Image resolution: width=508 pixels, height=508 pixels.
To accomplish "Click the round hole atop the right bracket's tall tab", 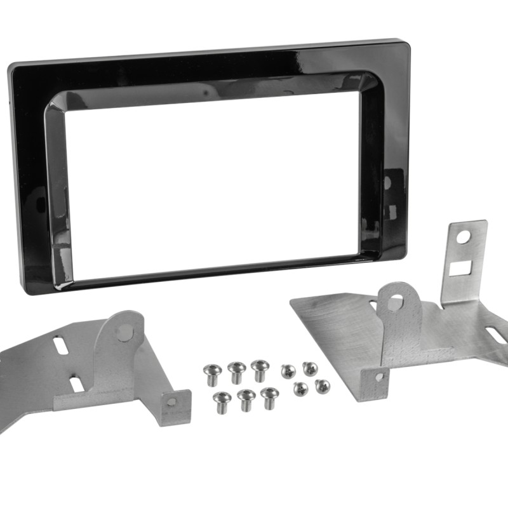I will coord(464,237).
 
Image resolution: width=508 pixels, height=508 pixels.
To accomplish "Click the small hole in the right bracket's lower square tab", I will coord(379,377).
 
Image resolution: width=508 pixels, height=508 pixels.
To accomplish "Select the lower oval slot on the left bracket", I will coord(75,384).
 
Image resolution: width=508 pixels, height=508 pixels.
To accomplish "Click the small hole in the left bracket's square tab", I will coord(172,402).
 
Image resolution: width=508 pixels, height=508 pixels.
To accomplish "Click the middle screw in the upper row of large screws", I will coord(237,369).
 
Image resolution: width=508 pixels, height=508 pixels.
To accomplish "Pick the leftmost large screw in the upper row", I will coord(211,371).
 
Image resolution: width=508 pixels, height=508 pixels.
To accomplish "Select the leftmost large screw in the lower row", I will coord(222,399).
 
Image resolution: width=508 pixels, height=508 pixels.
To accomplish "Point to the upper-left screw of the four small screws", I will coord(288,370).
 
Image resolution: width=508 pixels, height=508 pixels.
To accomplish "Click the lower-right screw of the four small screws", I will coord(322,385).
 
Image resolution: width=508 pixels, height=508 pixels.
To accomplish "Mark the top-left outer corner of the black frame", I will coord(10,67).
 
